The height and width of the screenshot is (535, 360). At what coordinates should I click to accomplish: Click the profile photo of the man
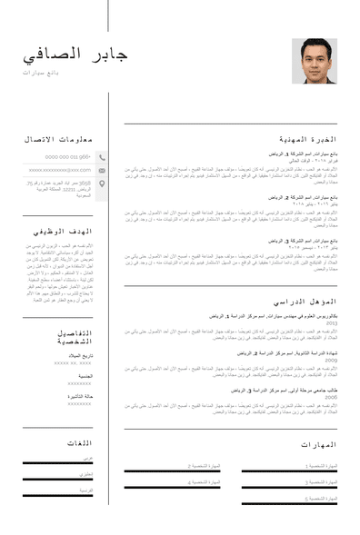(x=314, y=61)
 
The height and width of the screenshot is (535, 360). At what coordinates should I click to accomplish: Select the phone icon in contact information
(x=102, y=157)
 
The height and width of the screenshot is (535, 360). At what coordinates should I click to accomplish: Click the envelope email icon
(x=102, y=170)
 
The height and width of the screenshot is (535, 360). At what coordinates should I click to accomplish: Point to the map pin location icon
(x=102, y=184)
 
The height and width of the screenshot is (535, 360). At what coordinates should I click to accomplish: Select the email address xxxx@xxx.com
(x=60, y=170)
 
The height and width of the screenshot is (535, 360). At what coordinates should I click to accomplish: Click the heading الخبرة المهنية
(x=307, y=139)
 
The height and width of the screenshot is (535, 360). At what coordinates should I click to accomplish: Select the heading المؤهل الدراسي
(x=305, y=301)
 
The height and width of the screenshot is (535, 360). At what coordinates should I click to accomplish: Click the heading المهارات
(x=318, y=444)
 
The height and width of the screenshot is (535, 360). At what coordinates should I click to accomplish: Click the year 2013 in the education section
(x=332, y=322)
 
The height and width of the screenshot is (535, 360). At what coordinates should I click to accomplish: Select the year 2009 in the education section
(x=332, y=360)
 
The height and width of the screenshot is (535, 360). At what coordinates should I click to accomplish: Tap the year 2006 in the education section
(x=332, y=397)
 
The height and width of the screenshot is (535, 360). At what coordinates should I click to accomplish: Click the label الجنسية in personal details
(x=85, y=375)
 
